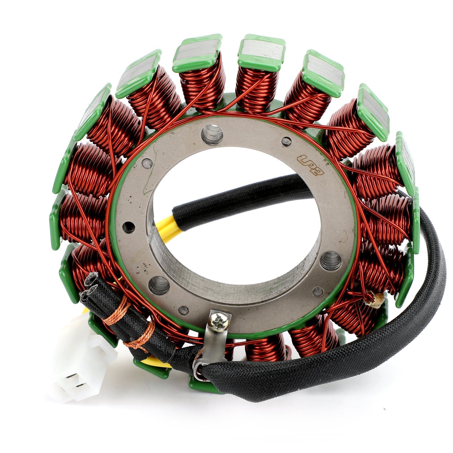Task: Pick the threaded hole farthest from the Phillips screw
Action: (212, 134)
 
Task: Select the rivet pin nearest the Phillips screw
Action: (184, 310)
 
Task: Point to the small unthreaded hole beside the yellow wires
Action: (129, 226)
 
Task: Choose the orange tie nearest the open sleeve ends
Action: (116, 311)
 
